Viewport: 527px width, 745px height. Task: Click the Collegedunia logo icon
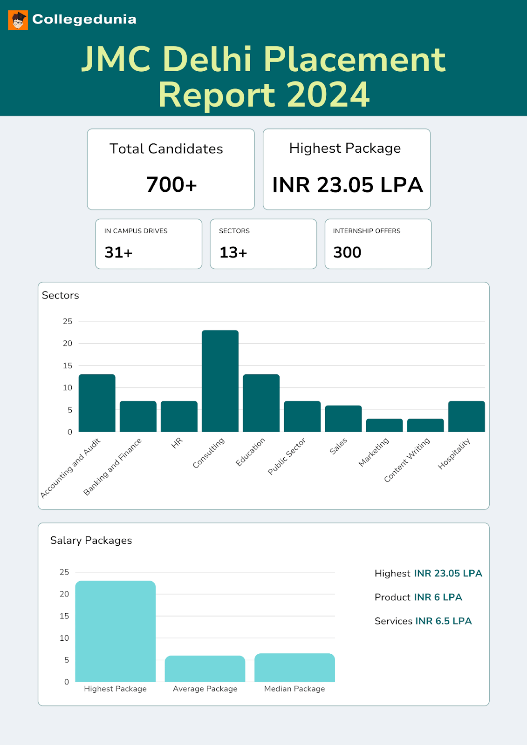(x=18, y=20)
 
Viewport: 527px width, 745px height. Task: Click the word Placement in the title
(x=354, y=60)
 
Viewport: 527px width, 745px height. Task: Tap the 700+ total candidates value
(x=171, y=185)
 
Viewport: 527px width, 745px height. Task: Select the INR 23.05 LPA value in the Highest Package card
(x=347, y=185)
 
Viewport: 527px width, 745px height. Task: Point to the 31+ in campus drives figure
(x=118, y=252)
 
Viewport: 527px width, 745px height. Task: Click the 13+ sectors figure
(x=233, y=252)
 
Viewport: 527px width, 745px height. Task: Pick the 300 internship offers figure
(x=347, y=252)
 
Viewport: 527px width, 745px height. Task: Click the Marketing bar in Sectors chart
(x=384, y=425)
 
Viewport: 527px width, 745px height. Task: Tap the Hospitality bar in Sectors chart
(x=466, y=416)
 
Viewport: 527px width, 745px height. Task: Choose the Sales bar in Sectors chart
(x=343, y=419)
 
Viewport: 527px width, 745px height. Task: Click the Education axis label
(x=251, y=451)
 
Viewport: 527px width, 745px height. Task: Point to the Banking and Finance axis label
(x=113, y=467)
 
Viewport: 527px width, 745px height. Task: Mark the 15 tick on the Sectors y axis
(x=68, y=366)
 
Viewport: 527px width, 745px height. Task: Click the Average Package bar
(x=205, y=669)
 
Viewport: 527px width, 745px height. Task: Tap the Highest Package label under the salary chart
(x=115, y=689)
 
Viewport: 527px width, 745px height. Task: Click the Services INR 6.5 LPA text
(x=423, y=621)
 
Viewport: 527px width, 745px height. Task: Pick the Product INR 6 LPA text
(x=418, y=597)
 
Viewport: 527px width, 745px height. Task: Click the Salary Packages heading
(x=91, y=540)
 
